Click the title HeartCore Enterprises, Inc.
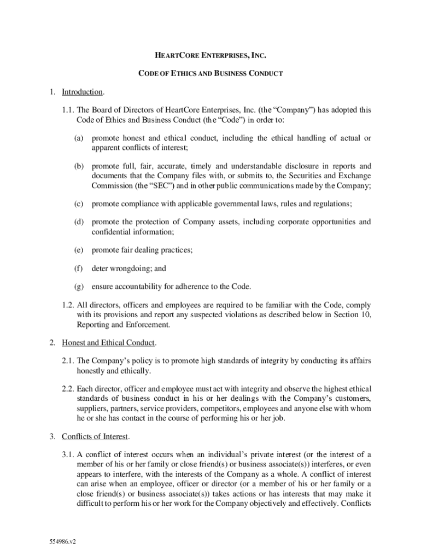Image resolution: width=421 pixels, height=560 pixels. pyautogui.click(x=210, y=55)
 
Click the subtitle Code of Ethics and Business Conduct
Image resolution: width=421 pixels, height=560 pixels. pyautogui.click(x=210, y=73)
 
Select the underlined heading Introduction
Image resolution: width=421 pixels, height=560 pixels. pyautogui.click(x=82, y=91)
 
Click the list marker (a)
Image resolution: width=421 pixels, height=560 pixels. pyautogui.click(x=79, y=138)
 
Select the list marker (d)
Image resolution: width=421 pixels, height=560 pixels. pyautogui.click(x=79, y=222)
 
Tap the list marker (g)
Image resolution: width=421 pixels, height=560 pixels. pyautogui.click(x=79, y=287)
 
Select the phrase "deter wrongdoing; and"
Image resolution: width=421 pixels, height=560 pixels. pyautogui.click(x=128, y=269)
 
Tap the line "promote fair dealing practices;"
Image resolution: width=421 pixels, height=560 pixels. pyautogui.click(x=142, y=250)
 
